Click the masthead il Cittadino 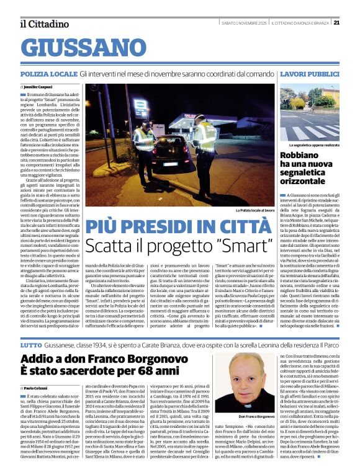44,24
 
